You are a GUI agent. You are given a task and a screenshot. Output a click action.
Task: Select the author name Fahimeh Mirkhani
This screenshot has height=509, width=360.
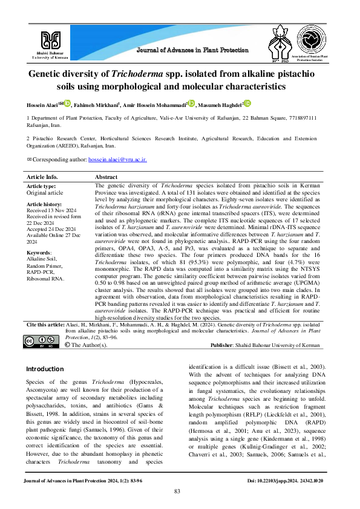(96, 105)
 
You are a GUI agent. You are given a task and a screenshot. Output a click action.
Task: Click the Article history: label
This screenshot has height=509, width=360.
(43, 204)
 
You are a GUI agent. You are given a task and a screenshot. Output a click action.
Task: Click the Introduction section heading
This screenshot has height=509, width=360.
(45, 368)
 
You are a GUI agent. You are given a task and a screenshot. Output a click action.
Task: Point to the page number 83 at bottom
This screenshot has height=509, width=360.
(177, 490)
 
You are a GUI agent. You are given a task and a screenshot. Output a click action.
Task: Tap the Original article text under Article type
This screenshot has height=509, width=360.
(44, 193)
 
